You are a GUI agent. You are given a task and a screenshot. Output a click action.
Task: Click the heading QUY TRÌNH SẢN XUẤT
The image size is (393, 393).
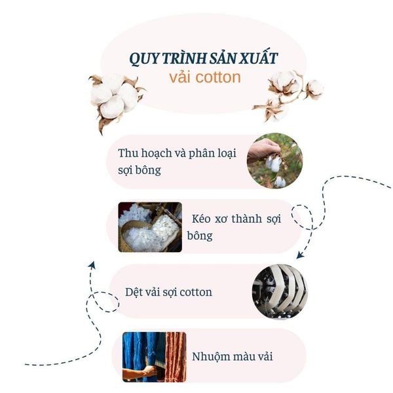pyautogui.click(x=203, y=59)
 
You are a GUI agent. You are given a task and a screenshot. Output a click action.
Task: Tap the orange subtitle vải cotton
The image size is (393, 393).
pyautogui.click(x=204, y=77)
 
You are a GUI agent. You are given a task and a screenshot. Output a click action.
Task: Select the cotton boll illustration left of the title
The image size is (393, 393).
pyautogui.click(x=116, y=97)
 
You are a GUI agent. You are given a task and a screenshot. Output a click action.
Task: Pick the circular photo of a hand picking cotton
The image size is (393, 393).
pyautogui.click(x=274, y=160)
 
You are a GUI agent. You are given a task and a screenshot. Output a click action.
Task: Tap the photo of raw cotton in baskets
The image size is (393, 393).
pyautogui.click(x=150, y=227)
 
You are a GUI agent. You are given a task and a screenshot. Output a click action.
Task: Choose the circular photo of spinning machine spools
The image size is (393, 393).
pyautogui.click(x=280, y=291)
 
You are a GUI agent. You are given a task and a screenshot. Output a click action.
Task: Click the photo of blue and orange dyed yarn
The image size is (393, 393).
pyautogui.click(x=154, y=356)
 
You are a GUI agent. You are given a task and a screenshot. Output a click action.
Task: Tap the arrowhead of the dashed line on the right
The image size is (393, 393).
pyautogui.click(x=301, y=254)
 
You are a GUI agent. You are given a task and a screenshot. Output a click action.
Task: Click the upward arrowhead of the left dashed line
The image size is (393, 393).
pyautogui.click(x=92, y=265)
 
